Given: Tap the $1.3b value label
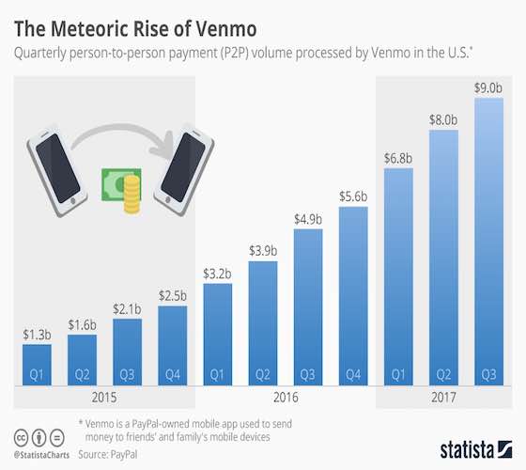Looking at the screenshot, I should [37, 335].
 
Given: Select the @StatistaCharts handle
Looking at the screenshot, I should [40, 454].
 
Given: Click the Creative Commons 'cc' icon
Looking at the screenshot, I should [20, 438].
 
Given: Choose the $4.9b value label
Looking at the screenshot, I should [307, 219].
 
